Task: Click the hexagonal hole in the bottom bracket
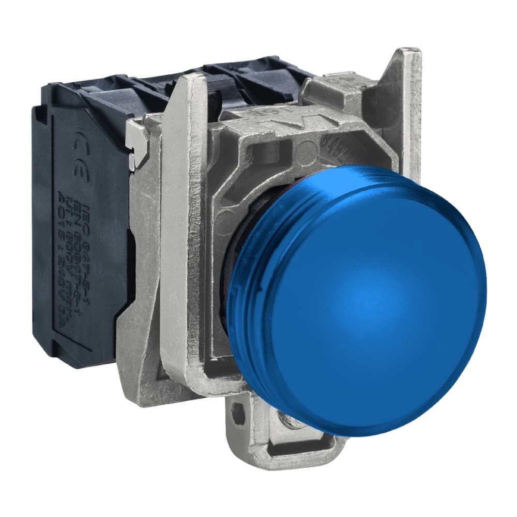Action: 238,414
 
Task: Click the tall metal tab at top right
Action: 406,103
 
